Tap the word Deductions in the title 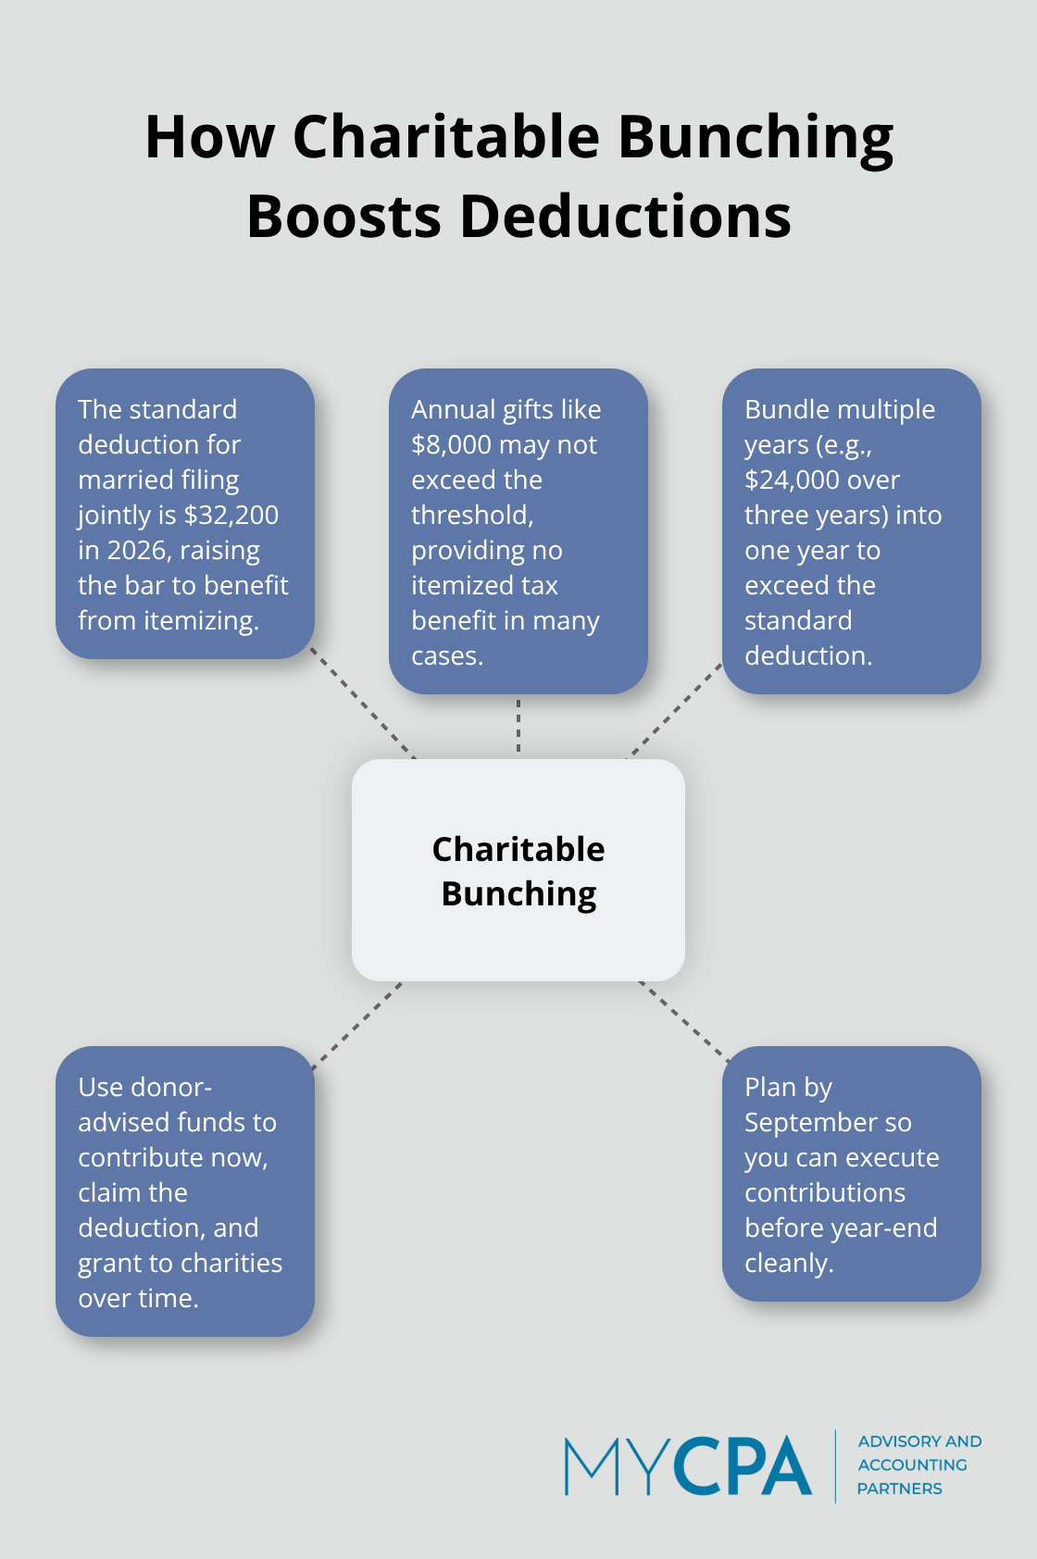tap(625, 217)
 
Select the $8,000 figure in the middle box tap(451, 444)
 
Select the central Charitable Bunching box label tap(518, 870)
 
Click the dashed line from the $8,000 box tap(518, 726)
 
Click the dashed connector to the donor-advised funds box tap(357, 1025)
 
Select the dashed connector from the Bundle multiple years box tap(676, 710)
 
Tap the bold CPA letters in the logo tap(742, 1466)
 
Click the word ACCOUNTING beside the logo tap(912, 1465)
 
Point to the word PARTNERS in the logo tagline tap(899, 1489)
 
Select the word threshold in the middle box tap(470, 515)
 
